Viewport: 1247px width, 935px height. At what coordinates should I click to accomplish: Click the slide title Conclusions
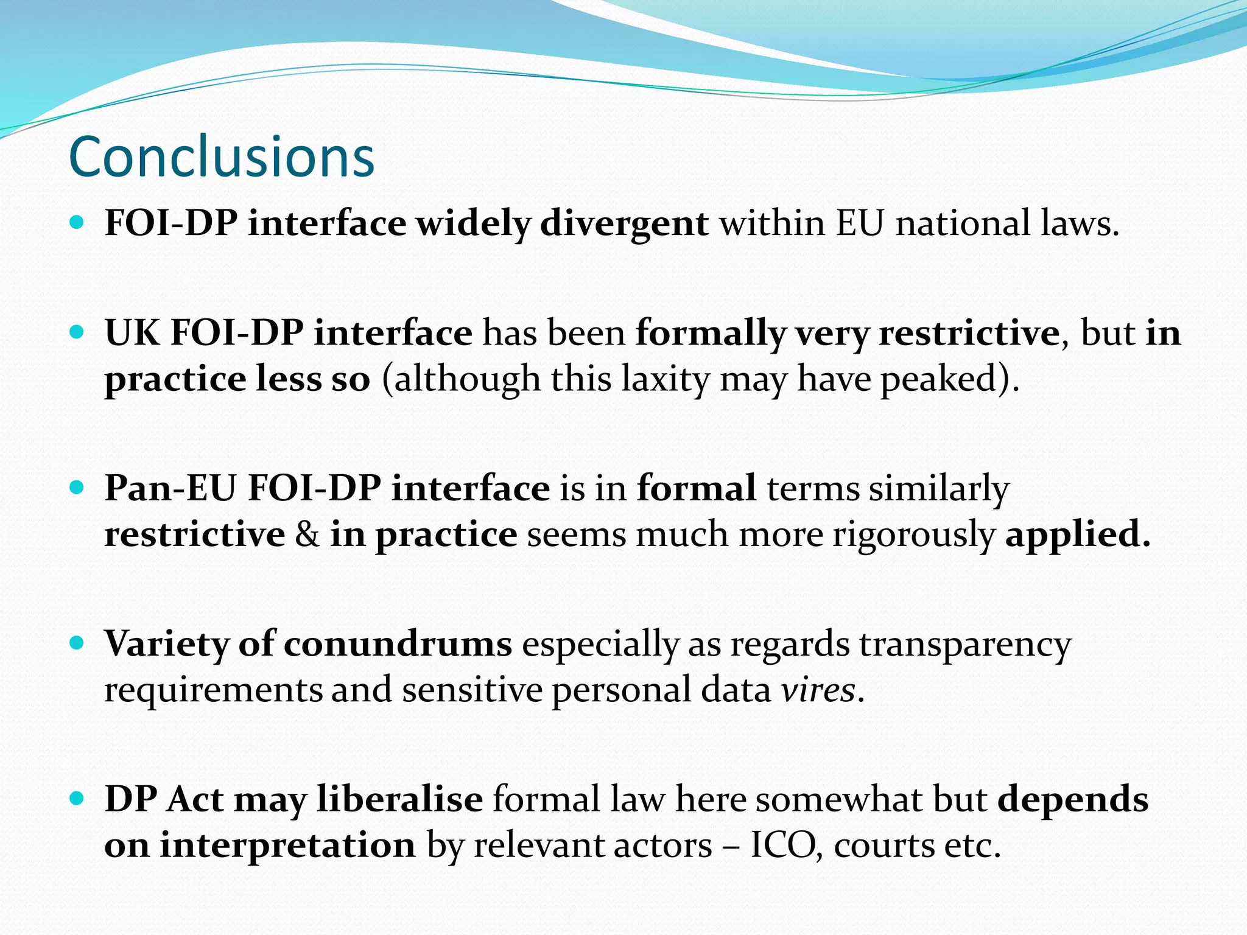tap(222, 157)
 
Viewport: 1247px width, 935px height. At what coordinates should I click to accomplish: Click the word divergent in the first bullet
tap(624, 223)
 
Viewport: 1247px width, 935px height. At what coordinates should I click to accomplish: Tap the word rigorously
tap(914, 534)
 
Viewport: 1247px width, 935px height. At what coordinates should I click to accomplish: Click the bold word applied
tap(1077, 534)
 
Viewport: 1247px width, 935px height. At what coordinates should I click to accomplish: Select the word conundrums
tap(398, 643)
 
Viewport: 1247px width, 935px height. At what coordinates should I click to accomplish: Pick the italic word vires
tap(818, 690)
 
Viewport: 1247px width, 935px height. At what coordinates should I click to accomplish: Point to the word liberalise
tap(400, 799)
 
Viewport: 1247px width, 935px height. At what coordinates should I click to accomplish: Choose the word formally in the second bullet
tap(710, 333)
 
